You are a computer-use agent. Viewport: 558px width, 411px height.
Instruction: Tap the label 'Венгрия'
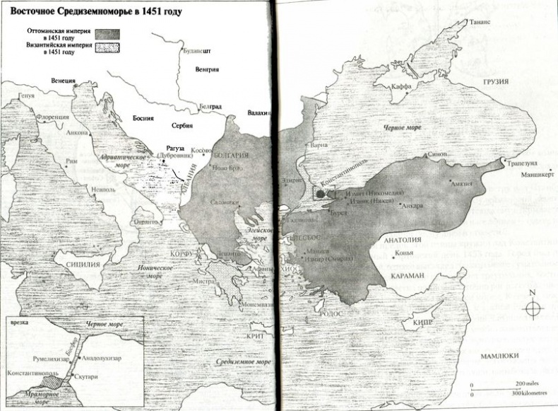click(206, 69)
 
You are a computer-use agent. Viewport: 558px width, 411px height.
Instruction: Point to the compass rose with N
click(533, 308)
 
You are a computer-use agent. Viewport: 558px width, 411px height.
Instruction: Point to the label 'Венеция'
click(63, 81)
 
